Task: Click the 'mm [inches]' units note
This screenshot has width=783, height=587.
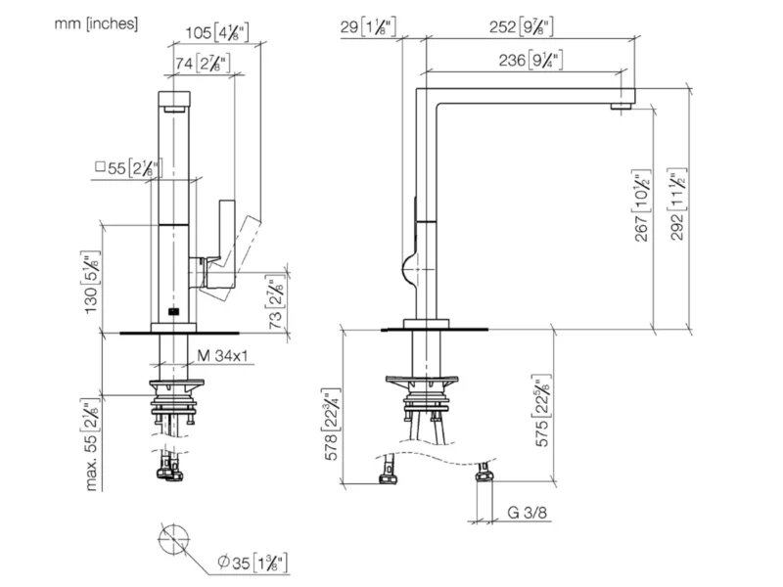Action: pyautogui.click(x=96, y=23)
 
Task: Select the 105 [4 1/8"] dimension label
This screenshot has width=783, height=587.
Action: pyautogui.click(x=216, y=33)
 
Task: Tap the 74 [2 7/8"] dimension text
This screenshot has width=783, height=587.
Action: pyautogui.click(x=203, y=64)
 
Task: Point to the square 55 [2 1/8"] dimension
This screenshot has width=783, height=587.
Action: pyautogui.click(x=127, y=168)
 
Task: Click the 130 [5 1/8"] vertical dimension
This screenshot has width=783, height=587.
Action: pyautogui.click(x=92, y=283)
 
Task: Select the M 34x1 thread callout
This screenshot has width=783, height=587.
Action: pyautogui.click(x=222, y=356)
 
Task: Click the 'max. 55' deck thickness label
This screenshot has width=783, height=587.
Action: pyautogui.click(x=91, y=445)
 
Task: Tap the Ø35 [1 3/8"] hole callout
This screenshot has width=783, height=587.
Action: pyautogui.click(x=253, y=563)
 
